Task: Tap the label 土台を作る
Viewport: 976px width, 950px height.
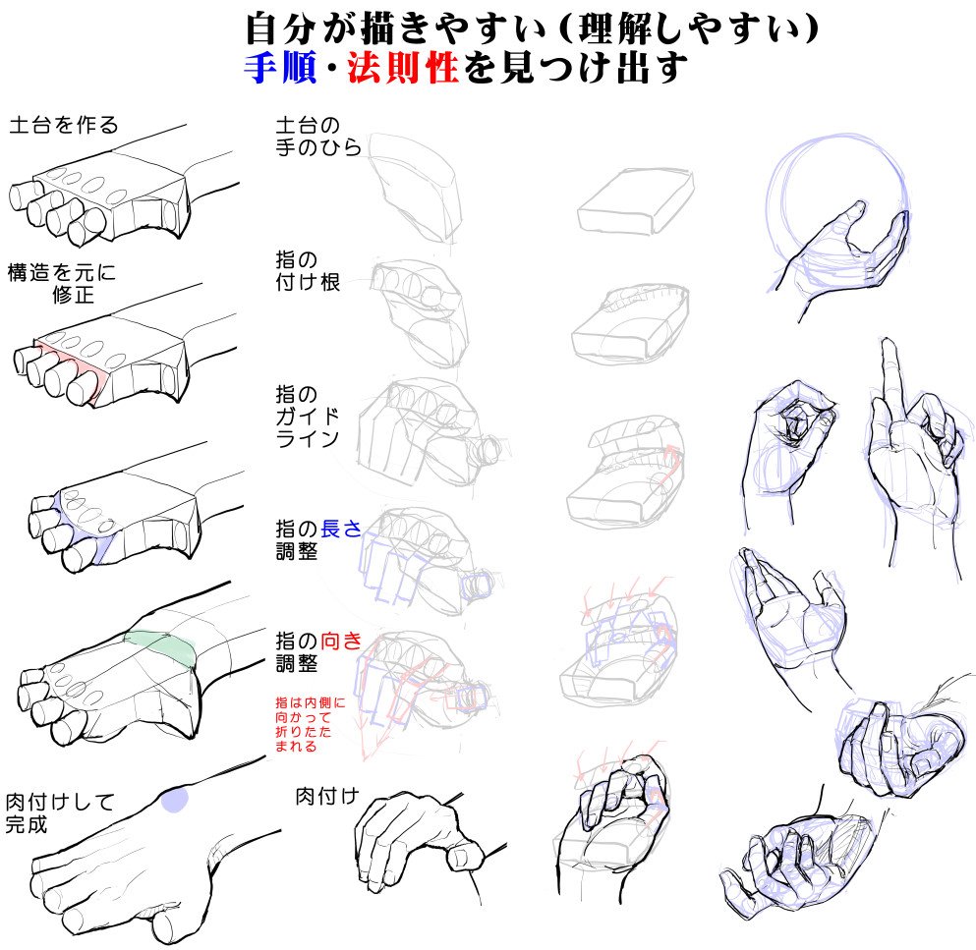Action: (x=63, y=126)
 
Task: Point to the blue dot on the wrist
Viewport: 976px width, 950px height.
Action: (x=175, y=800)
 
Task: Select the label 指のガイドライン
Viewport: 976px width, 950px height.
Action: (x=307, y=417)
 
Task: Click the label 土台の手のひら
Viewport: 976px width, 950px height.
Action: (x=318, y=138)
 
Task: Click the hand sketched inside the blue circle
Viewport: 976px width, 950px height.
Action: (x=845, y=251)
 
